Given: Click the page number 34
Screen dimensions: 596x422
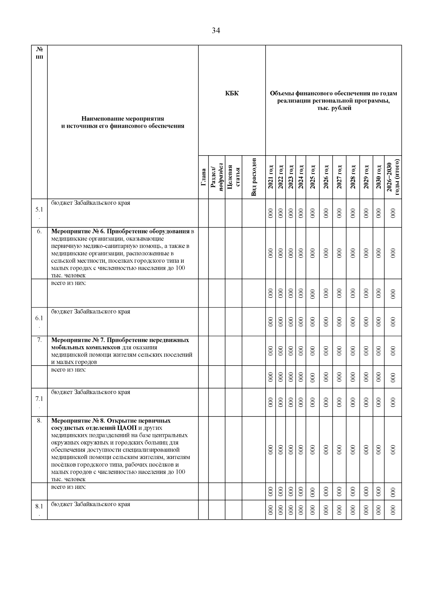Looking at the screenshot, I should tap(216, 31).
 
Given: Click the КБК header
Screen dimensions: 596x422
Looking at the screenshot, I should tap(232, 93).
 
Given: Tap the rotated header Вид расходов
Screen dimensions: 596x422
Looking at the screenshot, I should tap(254, 177).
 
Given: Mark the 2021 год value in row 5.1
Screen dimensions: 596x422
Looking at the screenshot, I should tap(270, 213).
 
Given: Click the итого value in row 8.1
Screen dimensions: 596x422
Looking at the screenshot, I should tap(393, 510).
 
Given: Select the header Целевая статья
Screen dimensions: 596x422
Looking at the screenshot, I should tap(233, 177).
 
